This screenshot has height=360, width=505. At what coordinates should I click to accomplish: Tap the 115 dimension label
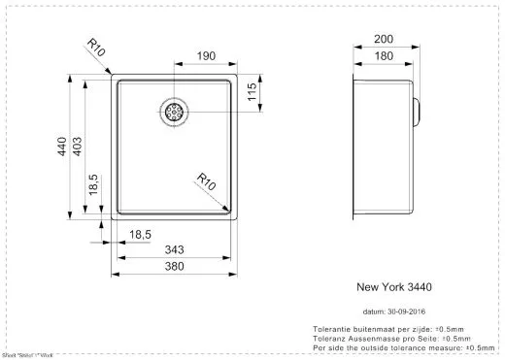pyautogui.click(x=251, y=93)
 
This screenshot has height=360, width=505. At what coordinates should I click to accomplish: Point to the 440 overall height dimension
pyautogui.click(x=61, y=147)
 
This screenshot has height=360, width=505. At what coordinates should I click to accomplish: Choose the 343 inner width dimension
pyautogui.click(x=175, y=251)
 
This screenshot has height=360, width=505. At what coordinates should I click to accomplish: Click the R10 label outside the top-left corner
pyautogui.click(x=94, y=49)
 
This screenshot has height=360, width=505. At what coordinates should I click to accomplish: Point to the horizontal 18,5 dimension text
pyautogui.click(x=141, y=235)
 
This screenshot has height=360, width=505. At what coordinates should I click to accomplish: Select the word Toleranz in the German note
pyautogui.click(x=329, y=338)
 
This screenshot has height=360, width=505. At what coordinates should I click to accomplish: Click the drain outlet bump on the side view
pyautogui.click(x=416, y=110)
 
